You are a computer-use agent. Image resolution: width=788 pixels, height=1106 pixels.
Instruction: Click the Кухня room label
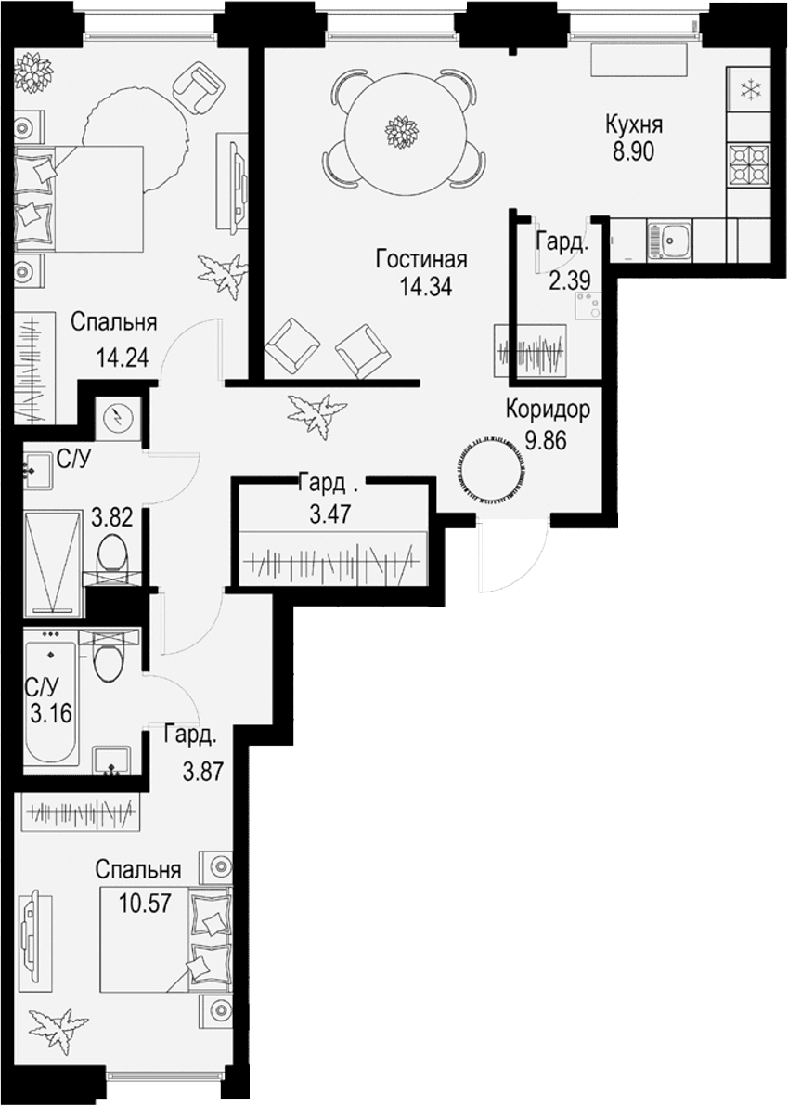point(634,125)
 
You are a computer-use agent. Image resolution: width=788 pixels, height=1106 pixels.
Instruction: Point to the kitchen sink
point(668,239)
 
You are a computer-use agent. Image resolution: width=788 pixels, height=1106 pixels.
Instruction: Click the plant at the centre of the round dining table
point(401,132)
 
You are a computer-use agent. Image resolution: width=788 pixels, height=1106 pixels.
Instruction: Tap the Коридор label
point(548,410)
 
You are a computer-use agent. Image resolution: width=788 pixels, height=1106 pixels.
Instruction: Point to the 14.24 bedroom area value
point(122,358)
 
